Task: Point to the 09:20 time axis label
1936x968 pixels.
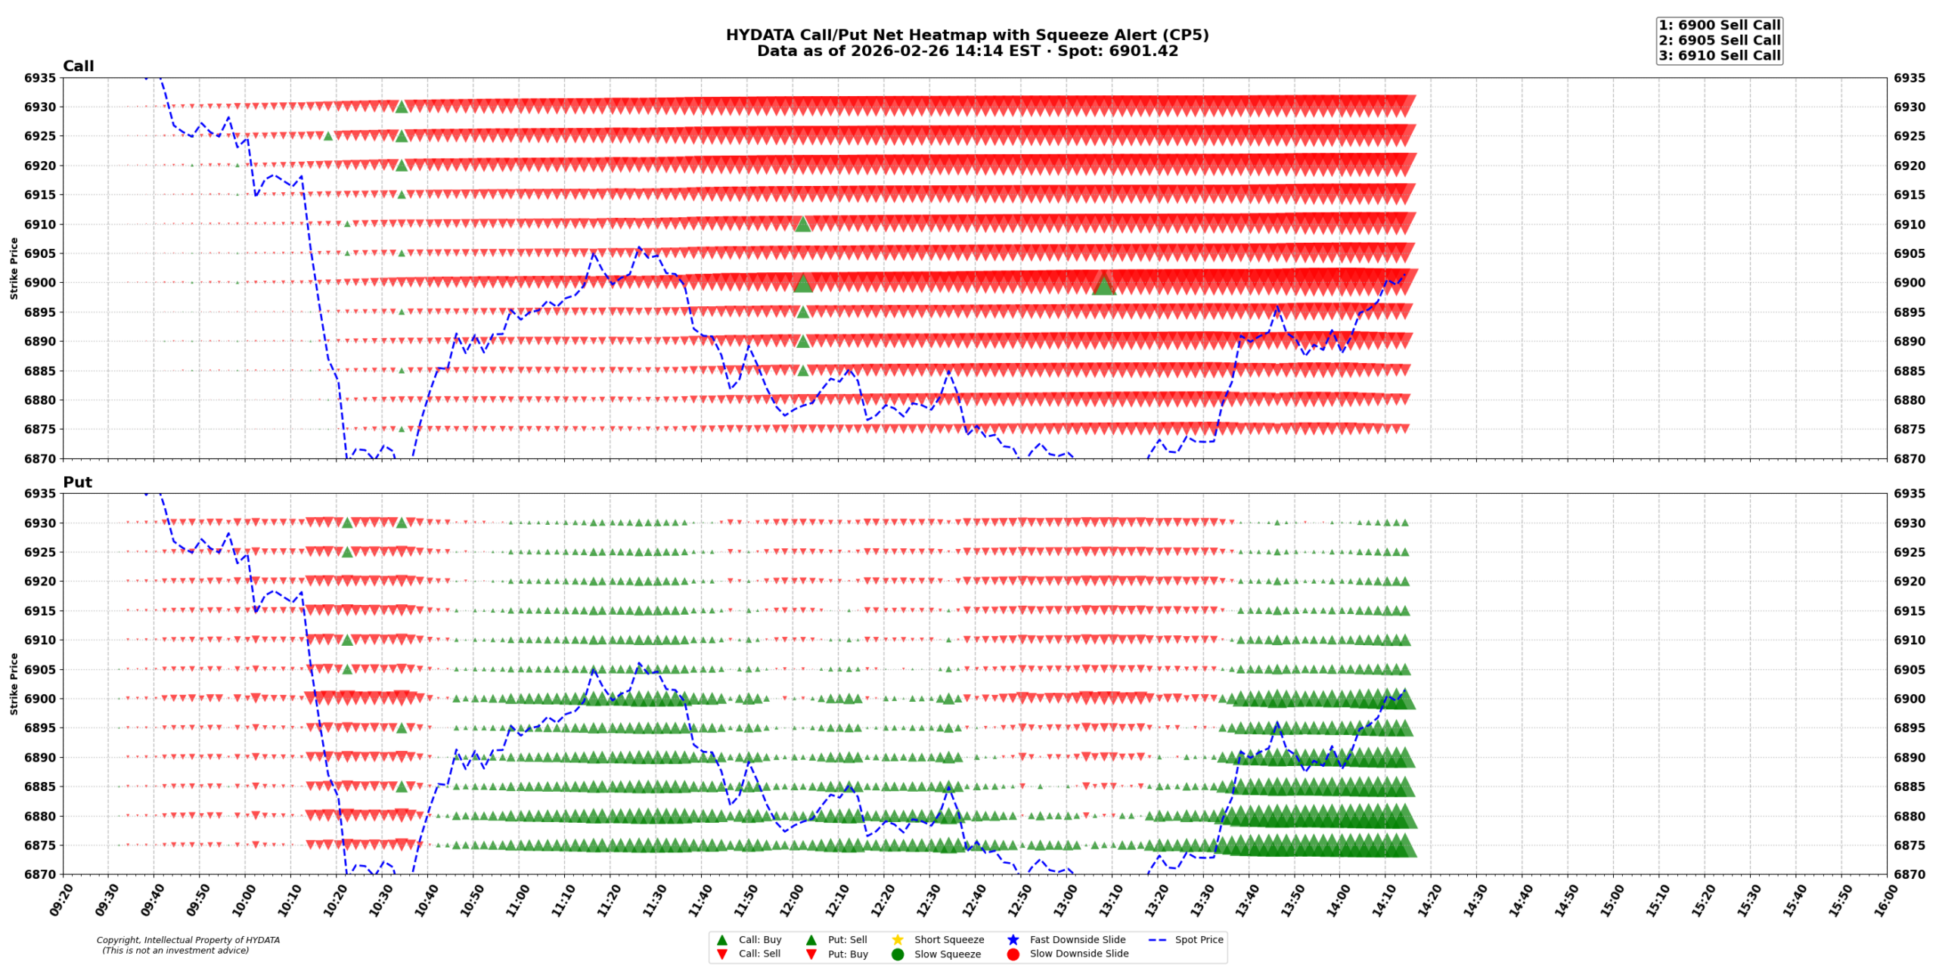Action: click(63, 901)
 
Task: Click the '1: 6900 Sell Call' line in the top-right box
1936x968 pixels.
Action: click(1719, 25)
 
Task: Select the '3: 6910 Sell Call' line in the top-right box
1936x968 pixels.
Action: click(1719, 55)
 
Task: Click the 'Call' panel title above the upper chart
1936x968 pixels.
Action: click(78, 66)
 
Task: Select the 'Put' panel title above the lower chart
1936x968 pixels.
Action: click(77, 482)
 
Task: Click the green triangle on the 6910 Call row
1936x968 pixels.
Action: click(802, 224)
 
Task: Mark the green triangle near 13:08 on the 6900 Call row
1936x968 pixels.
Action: click(1103, 284)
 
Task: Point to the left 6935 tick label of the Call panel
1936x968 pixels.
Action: click(40, 78)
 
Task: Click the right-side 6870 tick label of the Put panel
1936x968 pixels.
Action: click(1910, 873)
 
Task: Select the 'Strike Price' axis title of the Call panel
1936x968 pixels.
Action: click(14, 268)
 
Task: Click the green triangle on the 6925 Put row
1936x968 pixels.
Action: click(347, 552)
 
